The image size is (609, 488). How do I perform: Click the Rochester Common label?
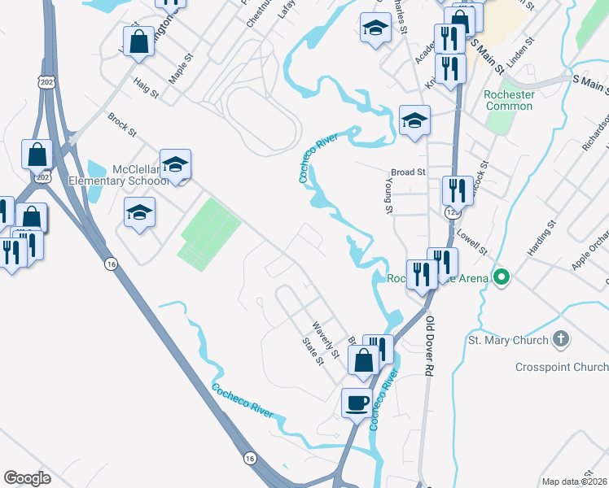coord(509,100)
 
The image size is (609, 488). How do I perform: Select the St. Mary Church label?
coord(508,339)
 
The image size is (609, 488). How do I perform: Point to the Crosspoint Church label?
coord(562,367)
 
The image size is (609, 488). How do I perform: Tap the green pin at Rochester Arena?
coord(502,278)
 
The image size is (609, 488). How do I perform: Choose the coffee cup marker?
coord(356,402)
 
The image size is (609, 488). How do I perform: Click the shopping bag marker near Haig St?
coord(139,41)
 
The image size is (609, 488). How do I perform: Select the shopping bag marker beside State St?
coord(363,359)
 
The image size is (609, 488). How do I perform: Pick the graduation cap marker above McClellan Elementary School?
coord(175,163)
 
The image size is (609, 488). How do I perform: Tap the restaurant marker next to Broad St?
coord(458,190)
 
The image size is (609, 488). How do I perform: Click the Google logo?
coord(27,478)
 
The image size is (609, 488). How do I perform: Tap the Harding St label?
coord(541,237)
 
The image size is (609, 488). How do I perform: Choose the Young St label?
coord(388,198)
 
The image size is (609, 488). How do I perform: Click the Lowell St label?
coord(473,241)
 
